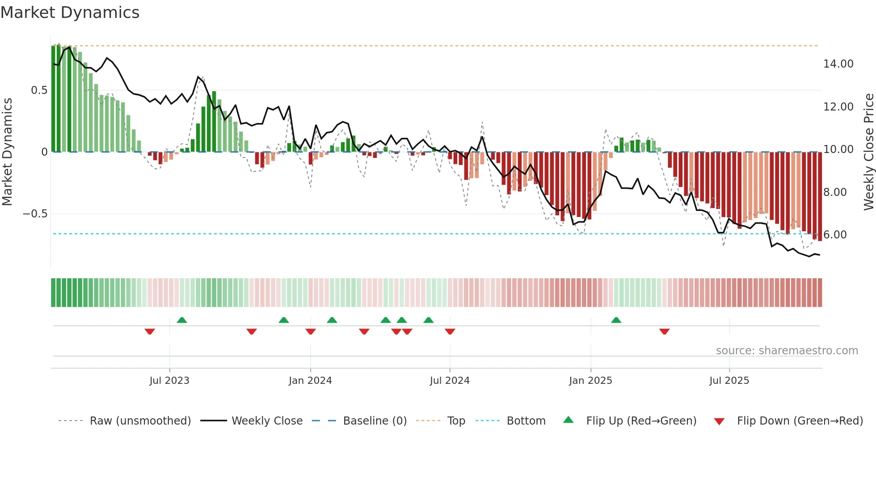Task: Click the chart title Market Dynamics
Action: (x=70, y=13)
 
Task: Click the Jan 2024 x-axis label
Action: (x=310, y=381)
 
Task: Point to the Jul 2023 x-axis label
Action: (x=169, y=381)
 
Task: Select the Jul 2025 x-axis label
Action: (x=729, y=381)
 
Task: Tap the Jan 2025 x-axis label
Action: (x=590, y=381)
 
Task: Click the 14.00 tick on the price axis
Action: (x=838, y=64)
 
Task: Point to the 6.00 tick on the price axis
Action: (x=835, y=235)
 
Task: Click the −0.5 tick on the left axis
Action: (x=35, y=214)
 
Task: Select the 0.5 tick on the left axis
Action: (x=39, y=90)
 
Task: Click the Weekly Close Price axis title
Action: (x=868, y=152)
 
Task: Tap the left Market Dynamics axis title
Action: (x=7, y=152)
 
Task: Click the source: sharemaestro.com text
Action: (x=787, y=351)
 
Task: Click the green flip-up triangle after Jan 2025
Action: (x=616, y=320)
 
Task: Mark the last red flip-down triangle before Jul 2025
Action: (x=664, y=331)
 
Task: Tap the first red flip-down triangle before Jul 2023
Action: (x=150, y=331)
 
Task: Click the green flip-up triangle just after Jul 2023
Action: (x=181, y=320)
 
